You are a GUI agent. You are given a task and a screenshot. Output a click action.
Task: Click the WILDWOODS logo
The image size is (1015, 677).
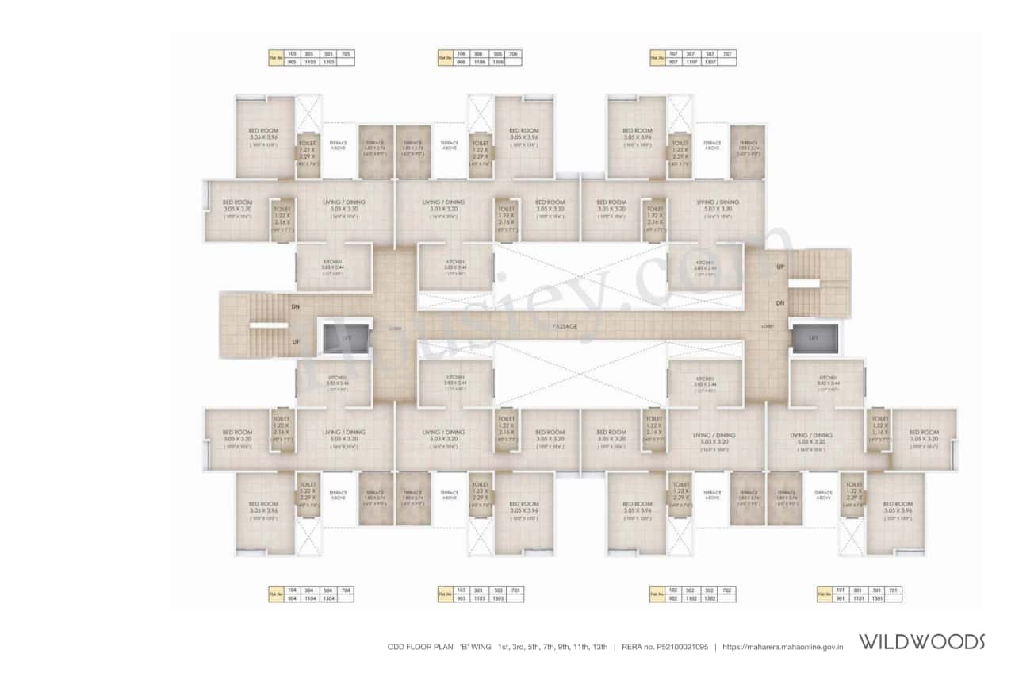[x=922, y=641]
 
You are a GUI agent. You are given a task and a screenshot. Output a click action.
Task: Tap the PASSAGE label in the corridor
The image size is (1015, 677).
[x=565, y=326]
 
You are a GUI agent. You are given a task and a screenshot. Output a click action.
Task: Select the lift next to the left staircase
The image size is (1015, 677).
[x=345, y=337]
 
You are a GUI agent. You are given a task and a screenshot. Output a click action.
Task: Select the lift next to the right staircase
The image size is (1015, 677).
[x=814, y=337]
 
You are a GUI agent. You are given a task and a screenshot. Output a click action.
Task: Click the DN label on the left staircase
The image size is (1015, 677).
[x=296, y=306]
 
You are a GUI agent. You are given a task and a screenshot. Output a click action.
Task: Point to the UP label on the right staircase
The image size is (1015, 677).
[x=780, y=267]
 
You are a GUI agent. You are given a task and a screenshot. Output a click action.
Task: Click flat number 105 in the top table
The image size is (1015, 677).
[x=291, y=54]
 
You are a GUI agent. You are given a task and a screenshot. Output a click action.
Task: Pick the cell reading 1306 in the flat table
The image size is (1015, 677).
[x=496, y=62]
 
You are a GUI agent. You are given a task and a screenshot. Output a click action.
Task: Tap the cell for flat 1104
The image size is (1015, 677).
[x=308, y=598]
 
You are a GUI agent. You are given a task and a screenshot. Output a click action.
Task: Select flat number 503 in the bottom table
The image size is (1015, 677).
[x=497, y=590]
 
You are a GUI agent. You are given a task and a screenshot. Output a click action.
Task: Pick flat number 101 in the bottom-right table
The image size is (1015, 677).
[x=841, y=590]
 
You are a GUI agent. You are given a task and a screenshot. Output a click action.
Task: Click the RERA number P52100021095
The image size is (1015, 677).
[x=672, y=647]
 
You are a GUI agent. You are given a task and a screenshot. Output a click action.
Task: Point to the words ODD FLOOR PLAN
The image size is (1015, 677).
[x=417, y=647]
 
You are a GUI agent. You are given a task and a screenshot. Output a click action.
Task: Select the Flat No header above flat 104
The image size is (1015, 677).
[x=275, y=594]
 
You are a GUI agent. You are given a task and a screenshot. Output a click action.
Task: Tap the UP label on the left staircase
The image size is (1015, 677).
[x=296, y=342]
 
